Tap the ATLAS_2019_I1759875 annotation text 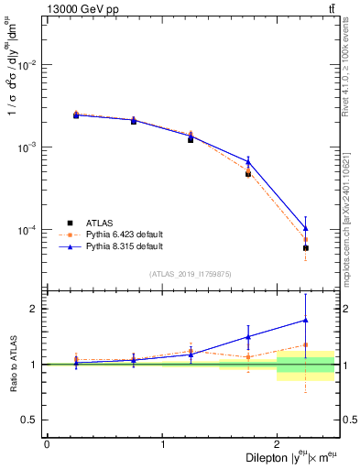pos(191,273)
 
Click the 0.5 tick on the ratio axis pos(32,420)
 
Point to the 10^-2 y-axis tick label pos(27,65)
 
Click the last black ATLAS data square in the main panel pos(305,247)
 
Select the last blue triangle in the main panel pos(305,228)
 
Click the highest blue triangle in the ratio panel pos(305,320)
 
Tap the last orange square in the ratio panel pos(305,345)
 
